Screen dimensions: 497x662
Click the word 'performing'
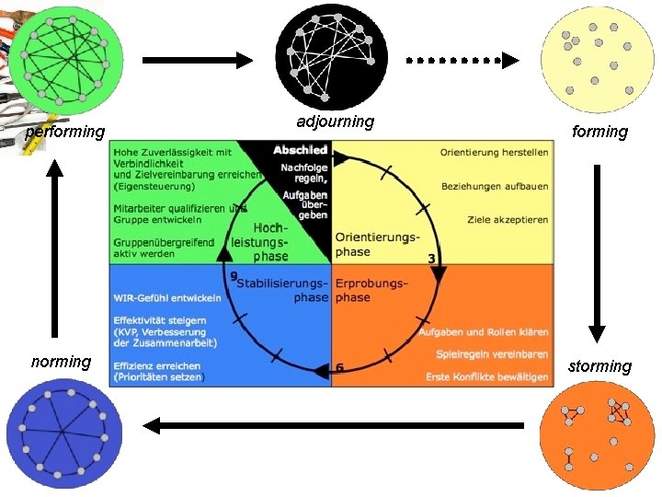pyautogui.click(x=64, y=132)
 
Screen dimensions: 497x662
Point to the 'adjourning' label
pyautogui.click(x=336, y=121)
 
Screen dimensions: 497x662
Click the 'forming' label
pyautogui.click(x=599, y=132)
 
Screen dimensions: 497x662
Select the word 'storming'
pyautogui.click(x=599, y=366)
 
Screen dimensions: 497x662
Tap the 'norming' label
pyautogui.click(x=61, y=362)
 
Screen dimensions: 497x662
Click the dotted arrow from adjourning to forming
pyautogui.click(x=462, y=61)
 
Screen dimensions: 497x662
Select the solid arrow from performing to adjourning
pyautogui.click(x=197, y=61)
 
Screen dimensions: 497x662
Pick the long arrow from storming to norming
pyautogui.click(x=333, y=425)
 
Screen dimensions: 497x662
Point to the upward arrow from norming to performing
pyautogui.click(x=55, y=248)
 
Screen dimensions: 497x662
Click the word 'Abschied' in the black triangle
pyautogui.click(x=300, y=150)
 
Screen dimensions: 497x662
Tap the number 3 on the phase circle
pyautogui.click(x=431, y=259)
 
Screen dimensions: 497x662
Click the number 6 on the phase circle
pyautogui.click(x=340, y=368)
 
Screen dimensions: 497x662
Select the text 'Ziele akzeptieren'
pyautogui.click(x=508, y=220)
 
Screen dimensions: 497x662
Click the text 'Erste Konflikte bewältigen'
pyautogui.click(x=486, y=376)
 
